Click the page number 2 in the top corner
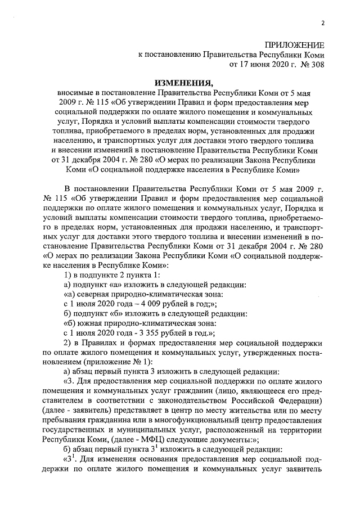click(323, 22)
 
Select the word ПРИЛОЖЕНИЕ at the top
click(295, 45)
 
